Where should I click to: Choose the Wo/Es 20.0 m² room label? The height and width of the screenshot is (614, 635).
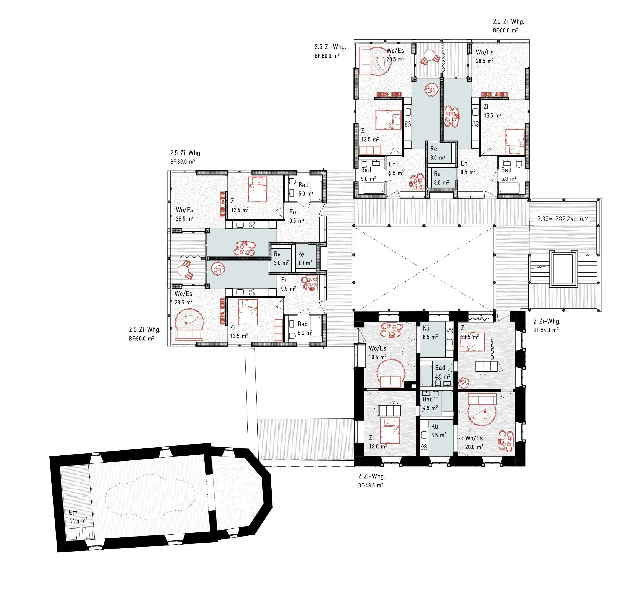[474, 442]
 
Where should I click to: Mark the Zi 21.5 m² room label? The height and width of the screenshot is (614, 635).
[470, 332]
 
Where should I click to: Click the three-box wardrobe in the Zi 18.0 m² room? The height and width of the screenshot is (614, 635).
[390, 411]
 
